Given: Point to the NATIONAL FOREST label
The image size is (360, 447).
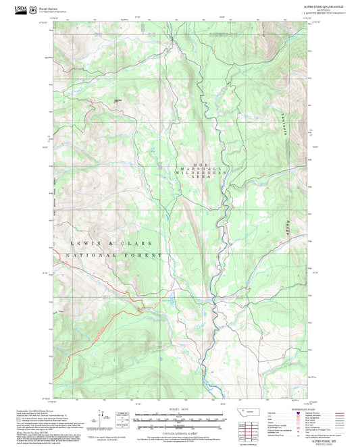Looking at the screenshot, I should [115, 255].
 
